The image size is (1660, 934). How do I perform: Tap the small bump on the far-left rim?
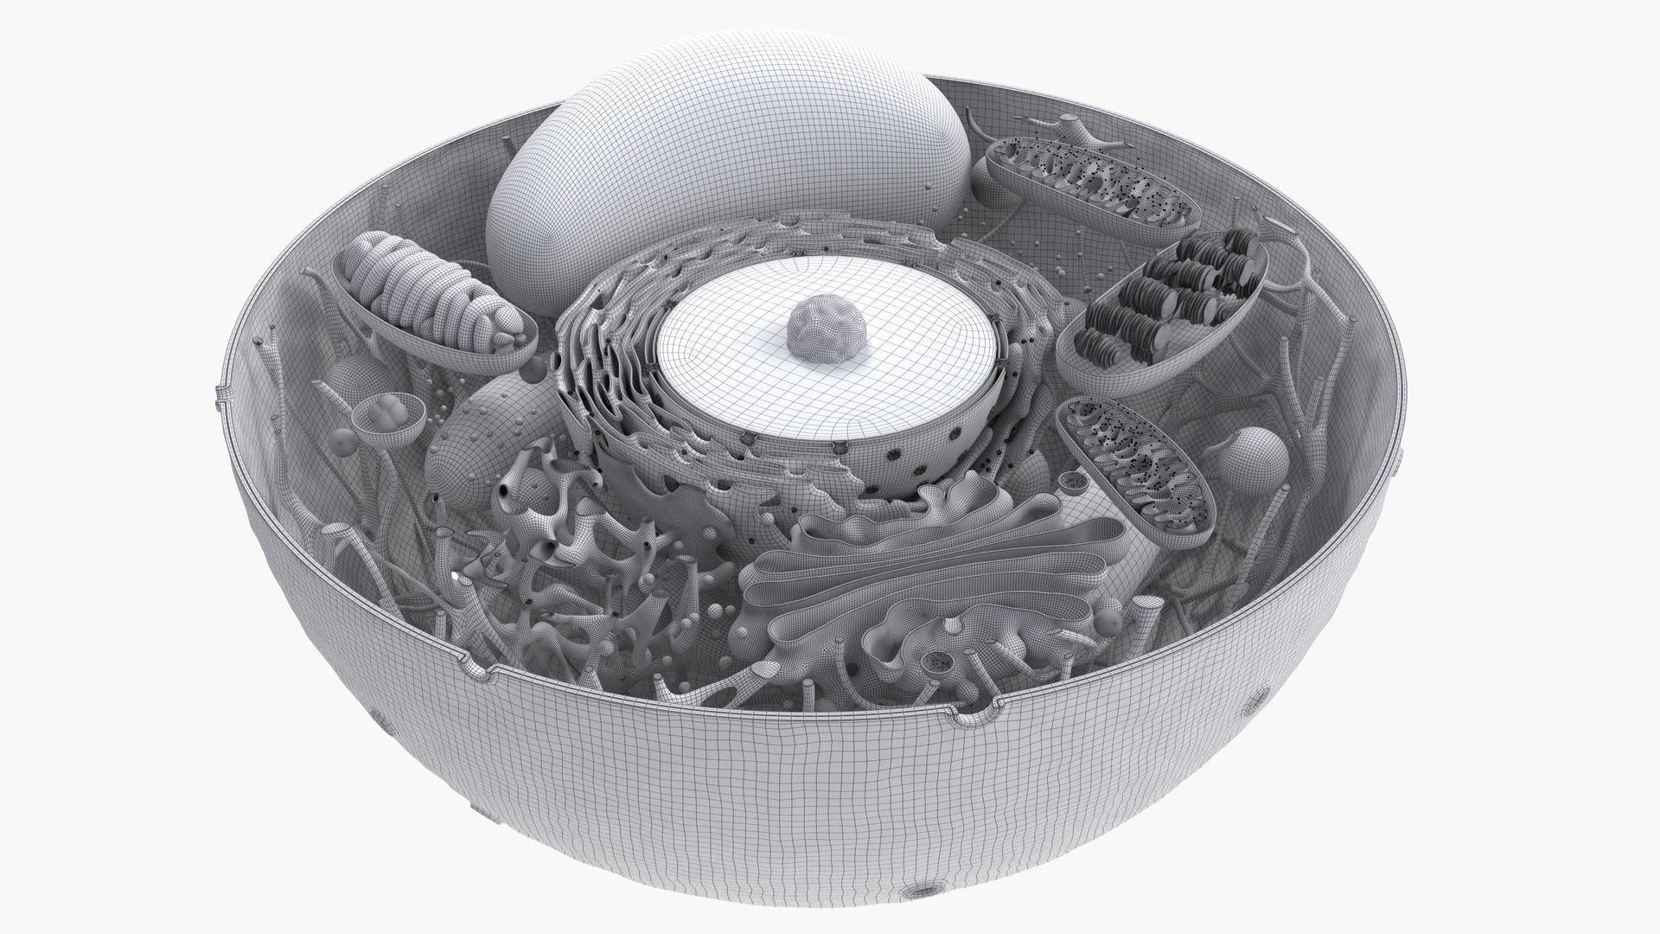click(218, 399)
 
